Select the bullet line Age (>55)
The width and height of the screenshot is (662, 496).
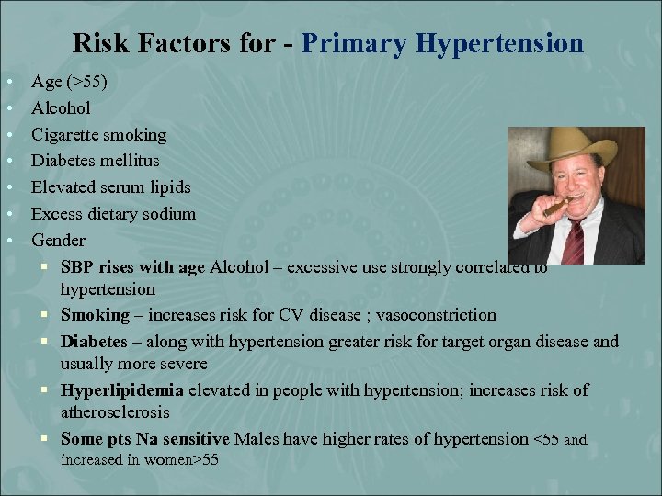tap(69, 82)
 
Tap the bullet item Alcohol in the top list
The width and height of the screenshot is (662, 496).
tap(61, 108)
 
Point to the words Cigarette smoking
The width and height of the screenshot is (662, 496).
tap(98, 135)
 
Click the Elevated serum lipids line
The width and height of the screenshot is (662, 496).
tap(110, 187)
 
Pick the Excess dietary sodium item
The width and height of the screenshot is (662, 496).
tap(113, 214)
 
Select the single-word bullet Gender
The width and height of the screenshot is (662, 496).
tap(58, 241)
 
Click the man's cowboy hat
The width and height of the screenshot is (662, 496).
tap(570, 152)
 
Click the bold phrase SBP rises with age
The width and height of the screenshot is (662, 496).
tap(133, 267)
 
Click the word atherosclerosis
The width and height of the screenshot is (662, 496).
tap(115, 412)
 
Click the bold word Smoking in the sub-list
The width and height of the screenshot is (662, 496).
tap(96, 315)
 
